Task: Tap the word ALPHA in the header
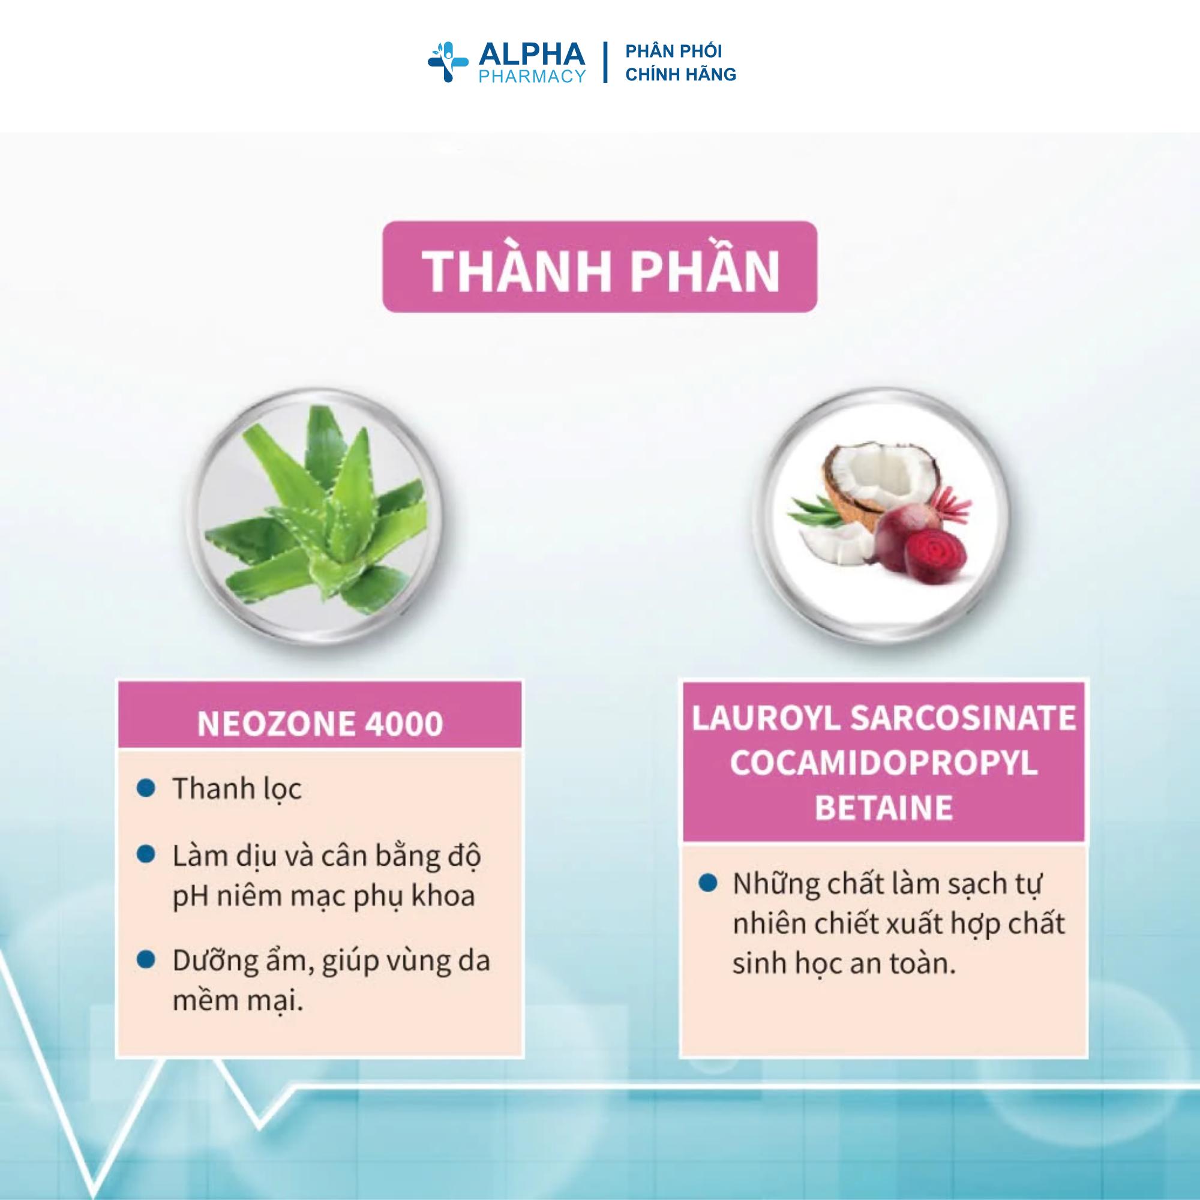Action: click(x=531, y=55)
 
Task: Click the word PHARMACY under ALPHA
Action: click(x=532, y=76)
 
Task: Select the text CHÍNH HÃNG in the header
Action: click(x=681, y=74)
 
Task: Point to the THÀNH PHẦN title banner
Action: click(x=599, y=266)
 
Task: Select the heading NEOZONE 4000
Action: click(x=320, y=724)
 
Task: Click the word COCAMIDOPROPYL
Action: click(x=884, y=763)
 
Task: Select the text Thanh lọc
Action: click(x=237, y=790)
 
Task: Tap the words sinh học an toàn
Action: click(x=844, y=965)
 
